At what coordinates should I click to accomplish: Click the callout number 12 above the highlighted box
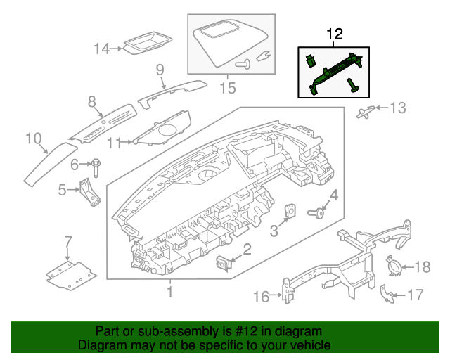coord(333,34)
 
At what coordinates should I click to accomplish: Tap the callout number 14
coord(103,49)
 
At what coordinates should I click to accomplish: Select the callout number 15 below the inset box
coord(226,88)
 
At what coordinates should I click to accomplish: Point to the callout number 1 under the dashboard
coord(169,291)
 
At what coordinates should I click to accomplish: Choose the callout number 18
coord(421,266)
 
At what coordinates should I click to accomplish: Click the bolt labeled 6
coord(95,167)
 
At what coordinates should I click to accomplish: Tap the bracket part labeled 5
coord(89,193)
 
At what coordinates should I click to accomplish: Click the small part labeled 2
coord(224,263)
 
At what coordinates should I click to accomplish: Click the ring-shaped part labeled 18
coord(396,266)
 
